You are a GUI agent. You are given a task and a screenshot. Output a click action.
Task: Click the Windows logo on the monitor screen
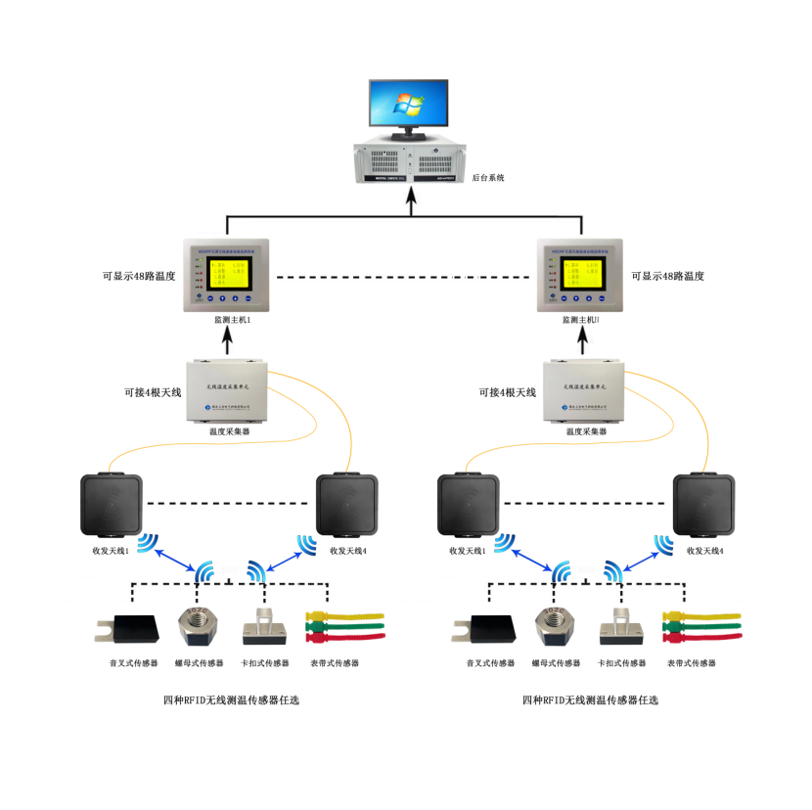pyautogui.click(x=408, y=104)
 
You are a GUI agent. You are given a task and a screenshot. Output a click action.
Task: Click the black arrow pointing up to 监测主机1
pyautogui.click(x=229, y=341)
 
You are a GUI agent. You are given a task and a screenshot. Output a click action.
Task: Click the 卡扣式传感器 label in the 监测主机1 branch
pyautogui.click(x=265, y=663)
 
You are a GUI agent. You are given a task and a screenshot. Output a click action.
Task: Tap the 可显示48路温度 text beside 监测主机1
pyautogui.click(x=139, y=277)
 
